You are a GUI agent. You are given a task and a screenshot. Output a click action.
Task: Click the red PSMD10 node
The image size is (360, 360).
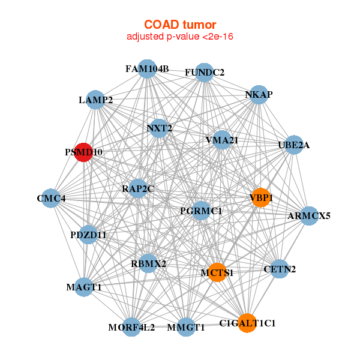point(83,152)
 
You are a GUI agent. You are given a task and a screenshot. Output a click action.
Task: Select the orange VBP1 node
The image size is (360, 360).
point(261,197)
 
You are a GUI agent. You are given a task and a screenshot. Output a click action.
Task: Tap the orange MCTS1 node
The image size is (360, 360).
point(217,272)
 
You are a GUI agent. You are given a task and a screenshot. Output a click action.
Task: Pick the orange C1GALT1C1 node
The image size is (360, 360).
point(247,323)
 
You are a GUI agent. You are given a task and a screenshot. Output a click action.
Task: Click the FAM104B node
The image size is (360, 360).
point(147,69)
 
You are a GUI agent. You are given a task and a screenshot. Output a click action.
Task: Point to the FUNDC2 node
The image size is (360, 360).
point(204,73)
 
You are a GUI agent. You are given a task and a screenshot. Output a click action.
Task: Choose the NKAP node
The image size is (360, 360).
point(259,95)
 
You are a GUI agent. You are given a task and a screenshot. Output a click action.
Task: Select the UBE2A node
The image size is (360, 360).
point(294,145)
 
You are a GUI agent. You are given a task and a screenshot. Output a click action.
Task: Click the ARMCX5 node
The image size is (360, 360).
point(309,216)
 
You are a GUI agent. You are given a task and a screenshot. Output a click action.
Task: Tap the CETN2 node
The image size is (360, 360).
point(279,269)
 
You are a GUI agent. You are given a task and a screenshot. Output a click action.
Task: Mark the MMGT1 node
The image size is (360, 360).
point(186,327)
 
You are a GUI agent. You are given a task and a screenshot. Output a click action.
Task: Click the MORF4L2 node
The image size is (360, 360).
point(131,327)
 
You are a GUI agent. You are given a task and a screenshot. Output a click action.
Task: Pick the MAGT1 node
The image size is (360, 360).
point(84,287)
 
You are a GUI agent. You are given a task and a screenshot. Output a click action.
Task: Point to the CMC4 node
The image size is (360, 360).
point(51,198)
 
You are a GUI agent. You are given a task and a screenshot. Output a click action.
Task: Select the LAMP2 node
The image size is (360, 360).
point(95,100)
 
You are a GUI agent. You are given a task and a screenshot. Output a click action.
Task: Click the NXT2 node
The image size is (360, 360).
point(159,128)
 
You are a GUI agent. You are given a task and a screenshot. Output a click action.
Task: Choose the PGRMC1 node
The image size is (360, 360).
point(201,211)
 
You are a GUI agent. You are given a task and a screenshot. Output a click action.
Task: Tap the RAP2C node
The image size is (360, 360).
point(138,188)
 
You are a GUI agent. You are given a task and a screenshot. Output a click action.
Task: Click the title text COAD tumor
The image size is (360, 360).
point(180,25)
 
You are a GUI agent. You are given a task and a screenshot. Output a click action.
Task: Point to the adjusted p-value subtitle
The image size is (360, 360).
point(180,37)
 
